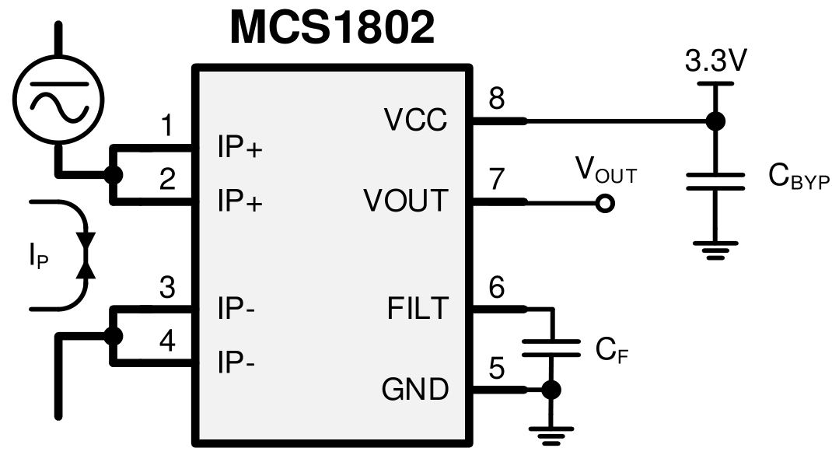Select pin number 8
click(x=495, y=98)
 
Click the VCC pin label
click(x=416, y=121)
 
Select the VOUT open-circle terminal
click(x=604, y=204)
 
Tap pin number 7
click(x=496, y=179)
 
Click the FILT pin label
click(x=418, y=309)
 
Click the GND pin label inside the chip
click(x=415, y=389)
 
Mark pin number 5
click(x=497, y=366)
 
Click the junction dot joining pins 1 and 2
click(x=114, y=174)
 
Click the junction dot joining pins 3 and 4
click(x=114, y=335)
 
